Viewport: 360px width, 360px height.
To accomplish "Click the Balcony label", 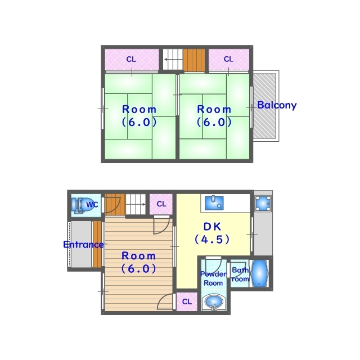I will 277,105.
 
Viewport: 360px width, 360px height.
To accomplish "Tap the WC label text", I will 92,205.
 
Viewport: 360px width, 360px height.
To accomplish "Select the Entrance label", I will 83,245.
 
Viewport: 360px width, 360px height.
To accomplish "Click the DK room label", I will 213,227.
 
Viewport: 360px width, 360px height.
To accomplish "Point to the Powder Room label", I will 213,278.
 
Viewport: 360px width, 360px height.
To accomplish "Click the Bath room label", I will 240,274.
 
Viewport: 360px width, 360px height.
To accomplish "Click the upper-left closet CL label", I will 131,59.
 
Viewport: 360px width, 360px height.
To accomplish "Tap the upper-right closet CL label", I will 228,59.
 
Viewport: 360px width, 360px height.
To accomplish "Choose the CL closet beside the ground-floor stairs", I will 161,204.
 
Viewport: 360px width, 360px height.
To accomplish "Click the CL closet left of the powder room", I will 187,302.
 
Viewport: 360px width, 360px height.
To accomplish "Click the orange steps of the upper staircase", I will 193,58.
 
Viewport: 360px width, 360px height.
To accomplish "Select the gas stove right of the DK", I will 263,204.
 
